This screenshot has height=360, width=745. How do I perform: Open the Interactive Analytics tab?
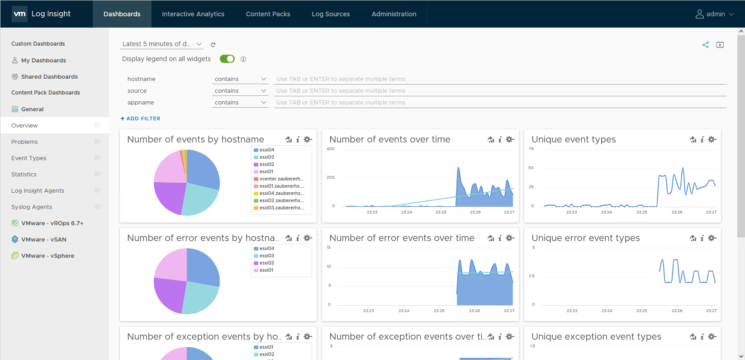[x=193, y=14]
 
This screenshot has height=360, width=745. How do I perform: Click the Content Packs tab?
[x=268, y=14]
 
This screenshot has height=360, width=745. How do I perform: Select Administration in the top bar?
[x=394, y=14]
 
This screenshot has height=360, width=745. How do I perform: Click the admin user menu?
[x=714, y=14]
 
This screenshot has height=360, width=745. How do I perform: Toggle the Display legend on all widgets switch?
[x=227, y=59]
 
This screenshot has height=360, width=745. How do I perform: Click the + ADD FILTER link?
[x=141, y=118]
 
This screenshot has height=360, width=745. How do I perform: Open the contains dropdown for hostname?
[x=240, y=79]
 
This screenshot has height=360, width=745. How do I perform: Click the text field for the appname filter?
[x=499, y=103]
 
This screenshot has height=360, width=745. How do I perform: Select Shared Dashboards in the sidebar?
[x=49, y=77]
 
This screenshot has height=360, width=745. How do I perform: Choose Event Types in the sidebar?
[x=29, y=158]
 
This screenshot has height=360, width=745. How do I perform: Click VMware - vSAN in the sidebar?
[x=44, y=240]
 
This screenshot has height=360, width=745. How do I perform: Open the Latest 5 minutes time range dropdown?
[x=161, y=44]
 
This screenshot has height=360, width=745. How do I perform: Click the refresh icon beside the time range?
[x=213, y=44]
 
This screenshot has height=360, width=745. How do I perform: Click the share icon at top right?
[x=705, y=45]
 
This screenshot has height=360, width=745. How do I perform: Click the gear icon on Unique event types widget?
[x=712, y=139]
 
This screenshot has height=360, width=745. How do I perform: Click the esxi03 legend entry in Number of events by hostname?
[x=266, y=157]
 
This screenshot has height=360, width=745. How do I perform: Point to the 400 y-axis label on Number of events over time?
[x=331, y=149]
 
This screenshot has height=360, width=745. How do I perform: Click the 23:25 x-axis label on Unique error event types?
[x=641, y=311]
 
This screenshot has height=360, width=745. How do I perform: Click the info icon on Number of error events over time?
[x=500, y=238]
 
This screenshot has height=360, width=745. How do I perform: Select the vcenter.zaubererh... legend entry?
[x=281, y=179]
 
